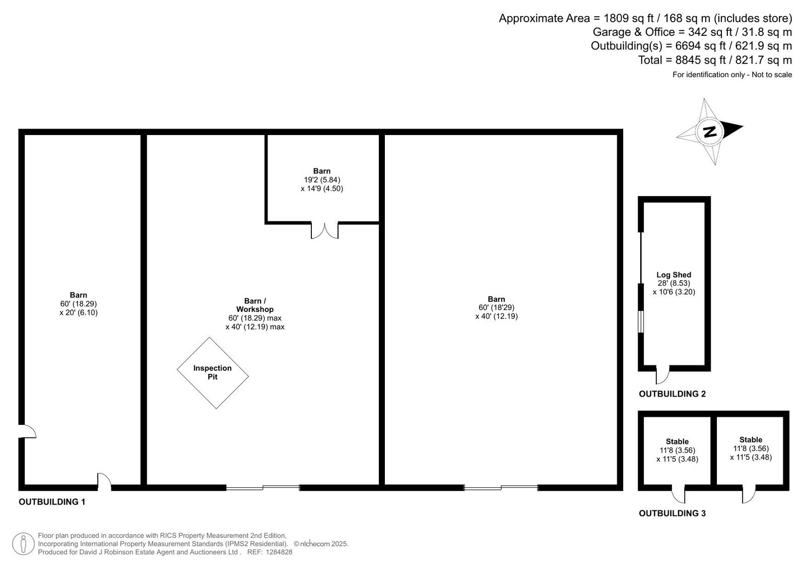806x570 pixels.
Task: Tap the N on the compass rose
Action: click(x=710, y=132)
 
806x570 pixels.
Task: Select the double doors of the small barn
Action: click(x=324, y=231)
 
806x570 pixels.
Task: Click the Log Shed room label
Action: click(x=674, y=275)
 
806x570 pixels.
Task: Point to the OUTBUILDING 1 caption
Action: click(x=52, y=502)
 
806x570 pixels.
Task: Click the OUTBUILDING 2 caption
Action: click(x=672, y=394)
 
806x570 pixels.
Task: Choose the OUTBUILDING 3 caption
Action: click(x=672, y=514)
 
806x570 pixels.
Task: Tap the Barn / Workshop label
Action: click(x=255, y=305)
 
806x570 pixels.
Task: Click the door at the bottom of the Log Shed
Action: click(x=662, y=375)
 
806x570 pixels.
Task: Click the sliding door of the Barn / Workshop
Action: click(x=262, y=488)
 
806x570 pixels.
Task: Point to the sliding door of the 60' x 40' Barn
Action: click(x=501, y=488)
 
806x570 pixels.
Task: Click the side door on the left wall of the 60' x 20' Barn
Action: click(x=27, y=431)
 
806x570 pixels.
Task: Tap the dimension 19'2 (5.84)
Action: click(x=322, y=180)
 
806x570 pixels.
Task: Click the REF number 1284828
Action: click(x=279, y=552)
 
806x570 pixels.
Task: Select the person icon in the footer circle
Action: click(x=23, y=544)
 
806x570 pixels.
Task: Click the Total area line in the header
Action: click(x=715, y=60)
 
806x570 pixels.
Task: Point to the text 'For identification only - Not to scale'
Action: click(x=732, y=75)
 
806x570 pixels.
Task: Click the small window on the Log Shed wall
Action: click(x=641, y=322)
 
